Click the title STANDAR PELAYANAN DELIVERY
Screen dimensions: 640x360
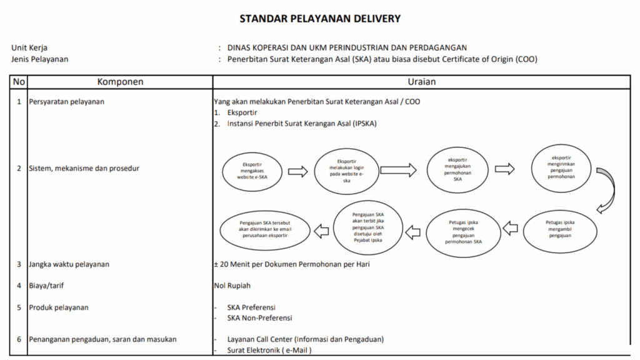[x=320, y=19]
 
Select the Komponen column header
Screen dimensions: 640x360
[x=121, y=82]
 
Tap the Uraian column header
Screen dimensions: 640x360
[x=422, y=82]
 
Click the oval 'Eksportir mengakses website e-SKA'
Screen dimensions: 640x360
[x=252, y=171]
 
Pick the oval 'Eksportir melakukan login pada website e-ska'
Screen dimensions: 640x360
[x=346, y=171]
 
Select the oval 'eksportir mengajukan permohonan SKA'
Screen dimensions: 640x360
[x=457, y=170]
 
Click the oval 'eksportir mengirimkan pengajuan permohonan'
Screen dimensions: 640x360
[x=561, y=167]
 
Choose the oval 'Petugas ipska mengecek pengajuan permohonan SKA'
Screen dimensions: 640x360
[x=463, y=232]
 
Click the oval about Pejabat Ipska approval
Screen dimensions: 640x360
[x=367, y=227]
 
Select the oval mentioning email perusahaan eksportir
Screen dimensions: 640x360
[x=265, y=229]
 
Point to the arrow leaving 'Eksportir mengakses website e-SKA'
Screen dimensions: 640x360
[x=298, y=171]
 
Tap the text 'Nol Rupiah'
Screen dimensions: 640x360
[x=232, y=286]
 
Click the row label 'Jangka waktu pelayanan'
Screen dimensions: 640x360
[x=69, y=264]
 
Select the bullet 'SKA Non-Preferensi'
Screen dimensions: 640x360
[x=259, y=318]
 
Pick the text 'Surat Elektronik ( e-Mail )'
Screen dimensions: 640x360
[x=269, y=350]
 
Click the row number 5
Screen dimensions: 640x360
[x=19, y=307]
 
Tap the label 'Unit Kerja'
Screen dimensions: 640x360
[x=29, y=47]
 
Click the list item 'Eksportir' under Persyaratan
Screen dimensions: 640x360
[x=242, y=112]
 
